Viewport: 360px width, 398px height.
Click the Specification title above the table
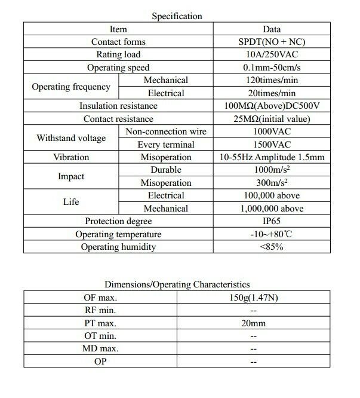177,16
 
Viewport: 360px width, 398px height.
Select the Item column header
118,29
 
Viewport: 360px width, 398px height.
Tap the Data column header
272,29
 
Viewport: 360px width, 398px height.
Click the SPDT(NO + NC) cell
272,42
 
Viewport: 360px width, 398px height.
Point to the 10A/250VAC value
272,55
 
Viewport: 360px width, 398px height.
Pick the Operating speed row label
118,68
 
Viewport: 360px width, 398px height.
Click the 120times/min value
272,80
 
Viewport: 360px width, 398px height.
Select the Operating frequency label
71,87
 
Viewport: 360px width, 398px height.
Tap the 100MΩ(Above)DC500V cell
272,106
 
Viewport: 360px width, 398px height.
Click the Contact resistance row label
118,119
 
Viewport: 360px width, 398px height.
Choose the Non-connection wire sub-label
166,131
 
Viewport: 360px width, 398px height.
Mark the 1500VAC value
272,145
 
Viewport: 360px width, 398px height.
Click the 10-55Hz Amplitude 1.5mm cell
272,157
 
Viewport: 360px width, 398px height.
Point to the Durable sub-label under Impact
166,170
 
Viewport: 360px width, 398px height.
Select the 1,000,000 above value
272,209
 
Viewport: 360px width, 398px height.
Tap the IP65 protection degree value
272,221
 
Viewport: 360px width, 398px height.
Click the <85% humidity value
272,247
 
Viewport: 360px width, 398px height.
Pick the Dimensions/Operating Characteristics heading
177,284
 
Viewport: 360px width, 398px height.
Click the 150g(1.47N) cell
254,297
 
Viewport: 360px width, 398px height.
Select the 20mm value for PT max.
254,323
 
